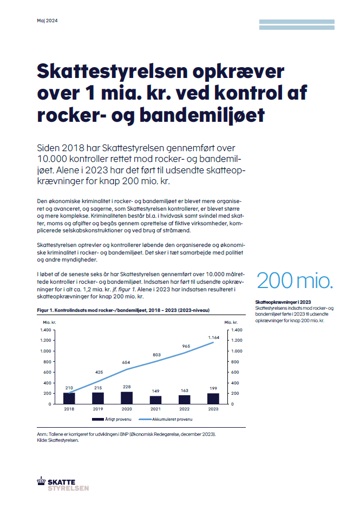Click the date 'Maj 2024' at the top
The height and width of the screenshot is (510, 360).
[x=47, y=21]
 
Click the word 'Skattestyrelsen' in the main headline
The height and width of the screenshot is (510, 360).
[x=113, y=71]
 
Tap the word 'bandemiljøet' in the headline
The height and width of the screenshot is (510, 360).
[x=202, y=115]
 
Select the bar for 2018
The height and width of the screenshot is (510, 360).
[x=69, y=398]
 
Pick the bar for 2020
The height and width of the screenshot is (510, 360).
[x=127, y=398]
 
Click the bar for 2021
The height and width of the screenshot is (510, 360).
[x=155, y=400]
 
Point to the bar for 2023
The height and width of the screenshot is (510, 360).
[x=213, y=399]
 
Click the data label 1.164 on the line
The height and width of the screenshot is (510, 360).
[x=214, y=338]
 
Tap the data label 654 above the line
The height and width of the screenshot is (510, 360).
[x=126, y=362]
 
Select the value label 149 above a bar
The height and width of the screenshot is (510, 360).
[x=155, y=391]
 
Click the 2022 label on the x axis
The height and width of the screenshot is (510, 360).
[x=185, y=409]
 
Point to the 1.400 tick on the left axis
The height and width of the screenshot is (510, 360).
[x=45, y=330]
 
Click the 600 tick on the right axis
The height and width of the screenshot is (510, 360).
[x=235, y=372]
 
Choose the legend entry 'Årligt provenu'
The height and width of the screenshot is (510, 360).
[x=112, y=419]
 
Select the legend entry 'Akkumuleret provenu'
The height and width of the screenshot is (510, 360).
[x=166, y=419]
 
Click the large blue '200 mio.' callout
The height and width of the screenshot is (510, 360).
[x=295, y=280]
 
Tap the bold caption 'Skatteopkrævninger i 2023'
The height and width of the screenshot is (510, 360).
[x=283, y=302]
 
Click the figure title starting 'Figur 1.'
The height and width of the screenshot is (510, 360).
[x=123, y=310]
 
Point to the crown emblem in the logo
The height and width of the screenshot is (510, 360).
[x=41, y=481]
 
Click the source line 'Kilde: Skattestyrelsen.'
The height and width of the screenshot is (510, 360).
[x=57, y=440]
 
